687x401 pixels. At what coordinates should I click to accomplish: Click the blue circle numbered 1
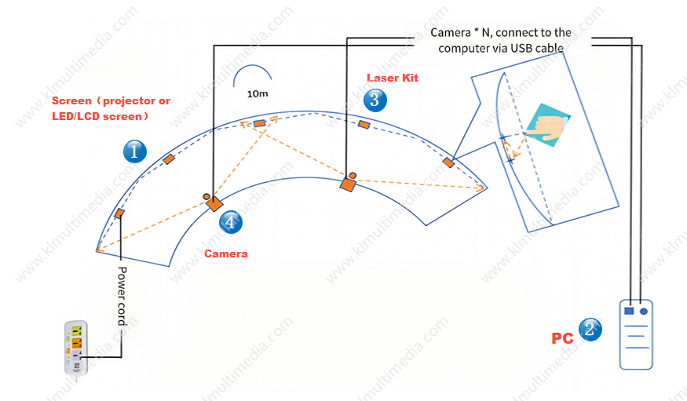click(135, 151)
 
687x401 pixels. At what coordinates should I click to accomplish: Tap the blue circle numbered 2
click(590, 330)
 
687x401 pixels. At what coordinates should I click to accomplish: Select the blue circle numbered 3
click(375, 100)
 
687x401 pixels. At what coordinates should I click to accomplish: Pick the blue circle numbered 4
click(230, 222)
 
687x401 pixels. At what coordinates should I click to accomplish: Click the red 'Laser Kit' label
click(393, 78)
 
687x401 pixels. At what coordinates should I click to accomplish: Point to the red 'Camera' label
click(226, 253)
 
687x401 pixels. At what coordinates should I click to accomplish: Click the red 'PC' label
click(561, 338)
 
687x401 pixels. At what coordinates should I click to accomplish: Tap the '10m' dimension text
click(258, 93)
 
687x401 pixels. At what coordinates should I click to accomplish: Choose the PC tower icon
click(636, 334)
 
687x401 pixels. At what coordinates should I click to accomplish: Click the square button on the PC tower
click(628, 311)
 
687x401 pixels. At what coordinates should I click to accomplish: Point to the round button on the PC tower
click(644, 311)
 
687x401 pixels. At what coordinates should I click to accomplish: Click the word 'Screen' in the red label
click(71, 101)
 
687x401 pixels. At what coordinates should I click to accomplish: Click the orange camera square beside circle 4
click(214, 204)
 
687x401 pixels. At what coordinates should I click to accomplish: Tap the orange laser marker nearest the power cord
click(119, 213)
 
